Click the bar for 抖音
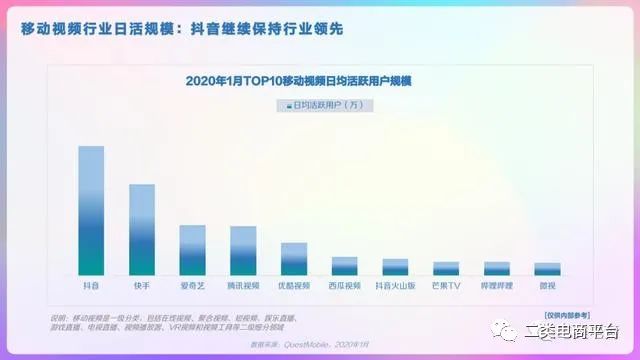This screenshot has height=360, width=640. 91,211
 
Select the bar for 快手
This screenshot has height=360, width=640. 142,230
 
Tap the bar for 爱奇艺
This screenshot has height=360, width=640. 192,250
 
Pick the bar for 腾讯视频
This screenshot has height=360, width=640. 243,251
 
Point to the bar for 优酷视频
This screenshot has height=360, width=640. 294,259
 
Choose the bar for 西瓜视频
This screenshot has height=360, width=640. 344,266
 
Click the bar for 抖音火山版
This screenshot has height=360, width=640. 395,267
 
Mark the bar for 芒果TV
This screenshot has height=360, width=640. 446,269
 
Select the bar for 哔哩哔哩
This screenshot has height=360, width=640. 497,269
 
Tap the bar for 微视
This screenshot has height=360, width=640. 547,269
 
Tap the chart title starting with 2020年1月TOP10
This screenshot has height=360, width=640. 313,80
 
